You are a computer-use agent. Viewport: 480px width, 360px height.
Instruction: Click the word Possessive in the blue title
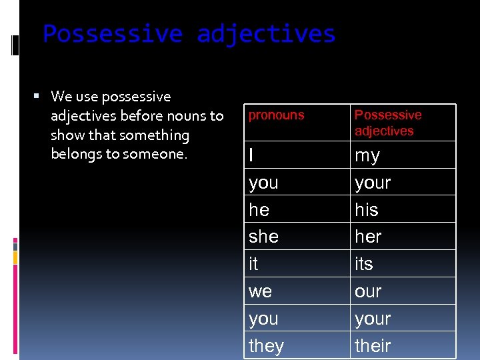tap(113, 33)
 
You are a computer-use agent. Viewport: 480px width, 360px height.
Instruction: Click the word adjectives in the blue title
tap(266, 33)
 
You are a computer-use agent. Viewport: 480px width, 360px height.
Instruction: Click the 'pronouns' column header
tap(276, 115)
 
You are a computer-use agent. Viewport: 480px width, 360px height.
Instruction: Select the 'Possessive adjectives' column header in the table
tap(388, 123)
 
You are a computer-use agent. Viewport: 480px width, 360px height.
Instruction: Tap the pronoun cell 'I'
tap(251, 155)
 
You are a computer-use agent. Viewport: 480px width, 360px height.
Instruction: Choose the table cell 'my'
tap(367, 156)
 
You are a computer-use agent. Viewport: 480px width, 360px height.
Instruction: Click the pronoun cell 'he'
tap(259, 210)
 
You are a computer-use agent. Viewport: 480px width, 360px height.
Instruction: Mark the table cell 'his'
tap(366, 210)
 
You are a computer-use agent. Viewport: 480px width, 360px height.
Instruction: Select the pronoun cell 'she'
tap(263, 237)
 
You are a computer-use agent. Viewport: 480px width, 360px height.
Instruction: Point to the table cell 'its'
tap(364, 264)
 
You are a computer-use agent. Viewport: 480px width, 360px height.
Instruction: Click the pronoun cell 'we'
tap(260, 291)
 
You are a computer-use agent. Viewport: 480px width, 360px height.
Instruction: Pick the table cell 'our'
tap(368, 291)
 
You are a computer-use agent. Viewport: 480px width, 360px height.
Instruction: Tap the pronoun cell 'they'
tap(266, 346)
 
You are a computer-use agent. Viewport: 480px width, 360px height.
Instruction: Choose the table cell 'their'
tap(373, 346)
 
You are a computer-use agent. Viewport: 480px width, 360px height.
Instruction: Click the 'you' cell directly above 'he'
tap(263, 183)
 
